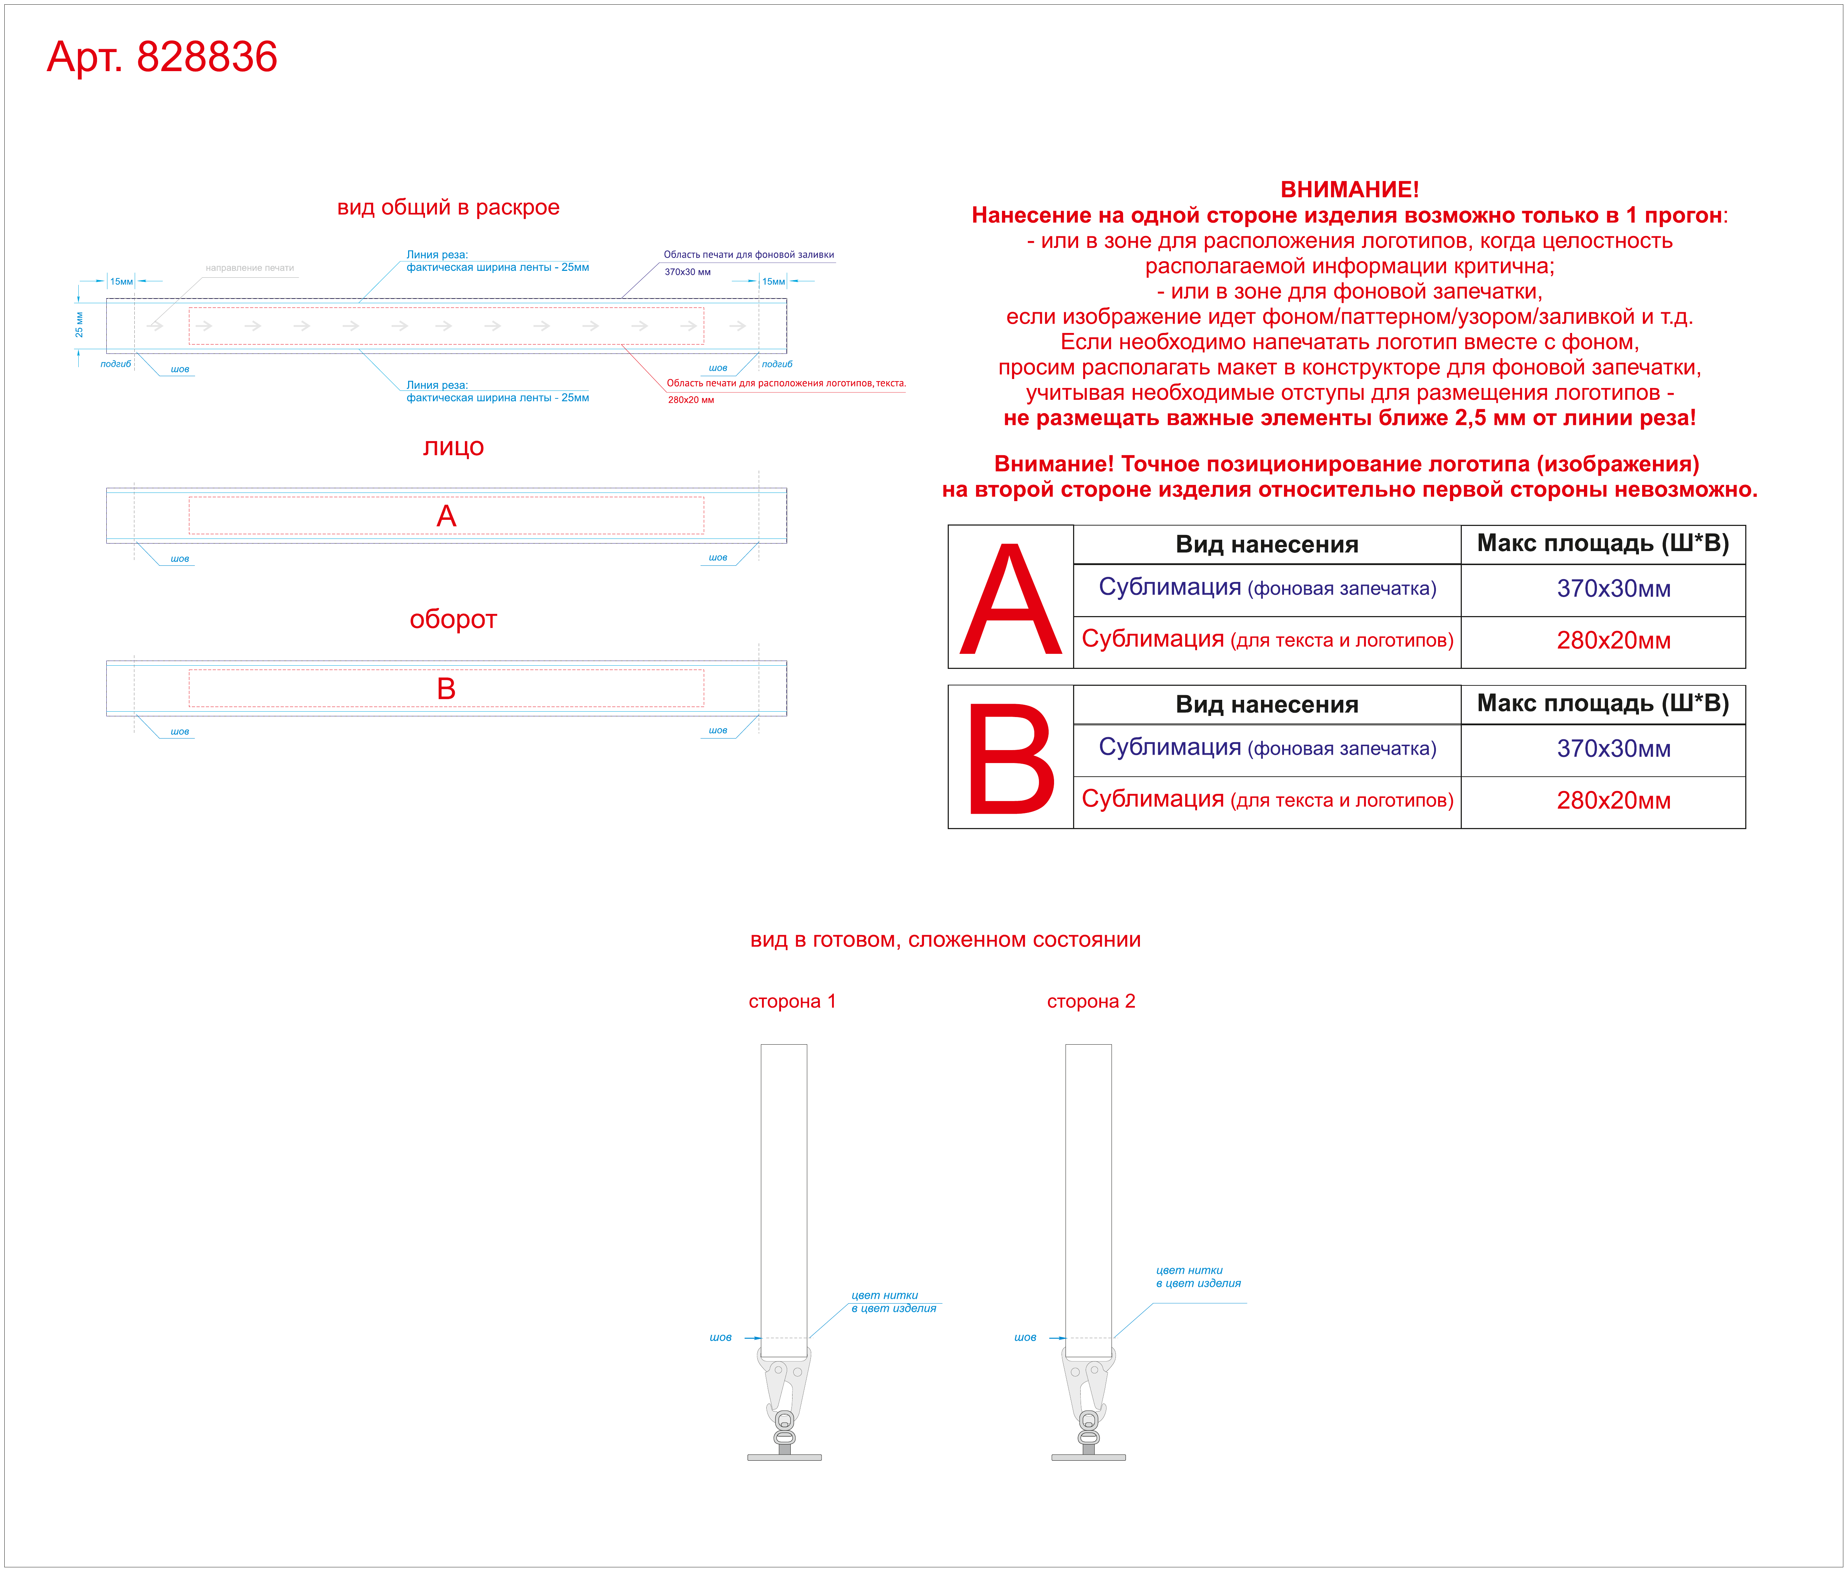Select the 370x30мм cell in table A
(1614, 589)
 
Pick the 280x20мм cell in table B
(1614, 800)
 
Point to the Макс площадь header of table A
(1603, 544)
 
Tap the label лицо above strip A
(453, 447)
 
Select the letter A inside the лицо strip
(447, 516)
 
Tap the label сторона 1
(792, 1002)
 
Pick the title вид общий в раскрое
(448, 208)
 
